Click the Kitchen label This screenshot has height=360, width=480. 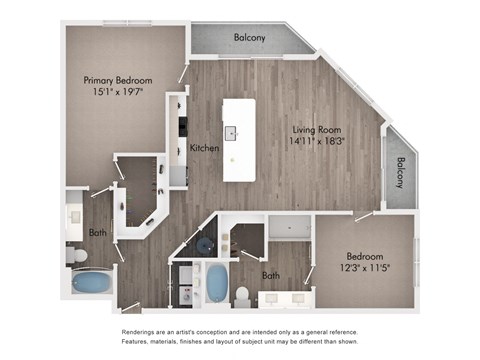coord(205,148)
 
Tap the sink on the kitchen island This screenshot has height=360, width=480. coord(232,132)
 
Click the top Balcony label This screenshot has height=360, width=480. coord(249,38)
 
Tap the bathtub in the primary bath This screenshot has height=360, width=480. coord(92,283)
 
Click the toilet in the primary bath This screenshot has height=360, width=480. coord(79,256)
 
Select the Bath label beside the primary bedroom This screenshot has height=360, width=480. coord(97,232)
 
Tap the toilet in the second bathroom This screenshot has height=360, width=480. coord(242,294)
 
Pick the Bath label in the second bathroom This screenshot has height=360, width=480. coord(271,275)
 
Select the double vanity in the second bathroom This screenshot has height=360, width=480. coord(283,297)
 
